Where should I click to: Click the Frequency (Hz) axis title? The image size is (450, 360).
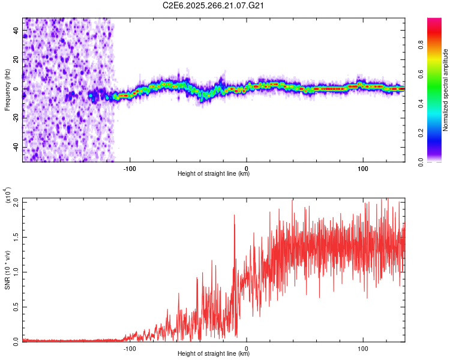(7, 90)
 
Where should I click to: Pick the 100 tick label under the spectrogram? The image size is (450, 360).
(362, 168)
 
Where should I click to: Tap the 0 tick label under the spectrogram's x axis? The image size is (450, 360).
(247, 168)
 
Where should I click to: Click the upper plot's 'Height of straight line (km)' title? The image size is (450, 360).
(214, 174)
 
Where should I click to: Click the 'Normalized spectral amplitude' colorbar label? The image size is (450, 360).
(445, 90)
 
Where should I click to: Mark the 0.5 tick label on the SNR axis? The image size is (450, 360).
(16, 306)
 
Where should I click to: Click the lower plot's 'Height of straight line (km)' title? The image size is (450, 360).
(214, 354)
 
